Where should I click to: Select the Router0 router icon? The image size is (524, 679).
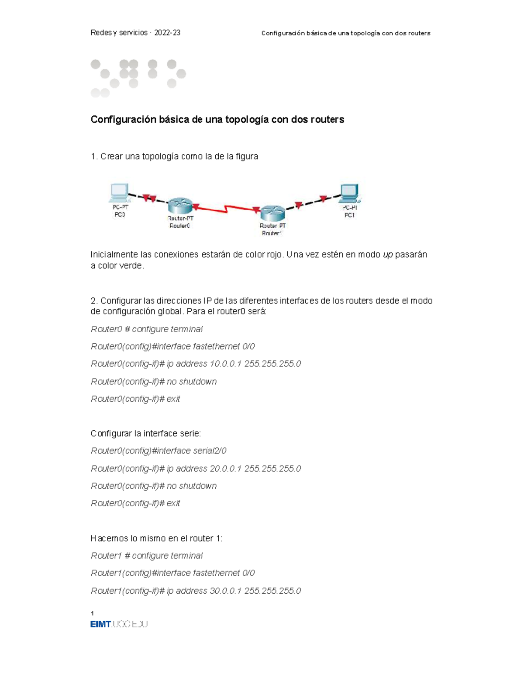(180, 205)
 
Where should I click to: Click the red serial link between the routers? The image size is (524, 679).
(226, 209)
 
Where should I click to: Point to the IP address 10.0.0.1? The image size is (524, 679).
(225, 364)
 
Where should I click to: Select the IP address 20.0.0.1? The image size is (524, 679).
(225, 469)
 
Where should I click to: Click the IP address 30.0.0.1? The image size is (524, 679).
(225, 591)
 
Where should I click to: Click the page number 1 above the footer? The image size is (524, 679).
(92, 613)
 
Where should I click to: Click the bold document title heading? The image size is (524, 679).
(217, 119)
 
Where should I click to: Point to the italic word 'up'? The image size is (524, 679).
(387, 255)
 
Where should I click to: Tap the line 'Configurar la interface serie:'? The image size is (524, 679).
(145, 433)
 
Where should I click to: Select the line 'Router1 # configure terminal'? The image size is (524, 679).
(146, 556)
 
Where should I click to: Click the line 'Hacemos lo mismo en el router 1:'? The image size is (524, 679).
(156, 538)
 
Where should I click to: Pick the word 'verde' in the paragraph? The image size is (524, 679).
(133, 266)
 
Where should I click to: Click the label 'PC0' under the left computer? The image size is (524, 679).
(120, 215)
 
